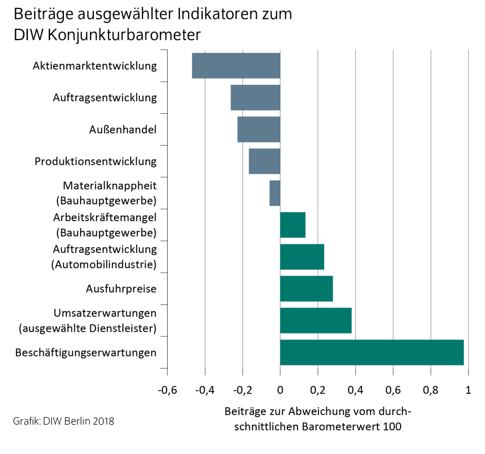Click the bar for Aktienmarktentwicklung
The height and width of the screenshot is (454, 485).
[x=236, y=66]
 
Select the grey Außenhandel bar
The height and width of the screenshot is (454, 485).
[x=258, y=130]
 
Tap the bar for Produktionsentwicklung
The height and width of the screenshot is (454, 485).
[x=264, y=161]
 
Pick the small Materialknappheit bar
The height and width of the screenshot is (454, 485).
[x=275, y=193]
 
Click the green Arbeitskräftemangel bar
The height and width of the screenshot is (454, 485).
[x=293, y=225]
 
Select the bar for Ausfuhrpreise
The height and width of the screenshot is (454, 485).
[x=306, y=289]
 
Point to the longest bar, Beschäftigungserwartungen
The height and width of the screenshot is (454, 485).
[x=372, y=352]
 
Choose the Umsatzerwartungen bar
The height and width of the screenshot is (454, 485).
[x=315, y=320]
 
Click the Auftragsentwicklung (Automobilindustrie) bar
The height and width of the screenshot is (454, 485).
[x=302, y=257]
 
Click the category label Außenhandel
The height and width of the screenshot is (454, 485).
[x=122, y=130]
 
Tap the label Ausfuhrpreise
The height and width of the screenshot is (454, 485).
[x=121, y=289]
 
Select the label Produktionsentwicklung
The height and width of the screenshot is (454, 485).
[x=95, y=161]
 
